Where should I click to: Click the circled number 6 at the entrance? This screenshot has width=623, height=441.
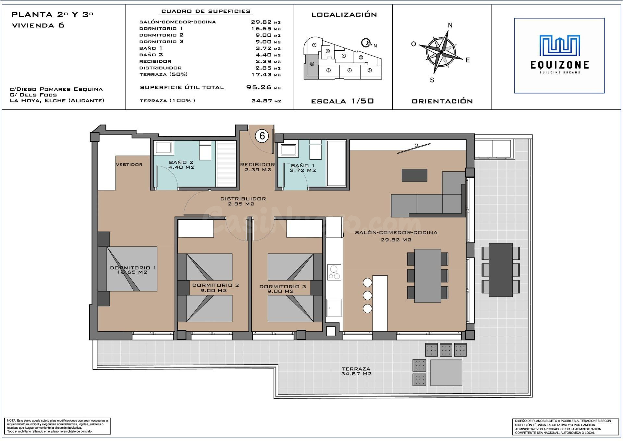(x=262, y=136)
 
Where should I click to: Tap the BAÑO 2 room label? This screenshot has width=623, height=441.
(x=181, y=165)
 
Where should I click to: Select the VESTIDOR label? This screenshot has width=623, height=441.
(x=129, y=164)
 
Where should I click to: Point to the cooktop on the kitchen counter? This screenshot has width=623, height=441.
(x=334, y=272)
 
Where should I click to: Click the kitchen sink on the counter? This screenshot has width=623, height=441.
(x=334, y=307)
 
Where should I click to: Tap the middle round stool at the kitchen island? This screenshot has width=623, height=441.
(x=367, y=295)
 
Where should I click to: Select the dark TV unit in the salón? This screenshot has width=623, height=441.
(x=414, y=175)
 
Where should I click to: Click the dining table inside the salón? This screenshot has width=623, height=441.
(x=428, y=276)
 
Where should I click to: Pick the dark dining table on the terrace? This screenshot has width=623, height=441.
(x=501, y=270)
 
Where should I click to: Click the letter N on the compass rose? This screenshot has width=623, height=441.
(x=450, y=25)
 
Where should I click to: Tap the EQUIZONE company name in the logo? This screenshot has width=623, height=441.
(x=559, y=65)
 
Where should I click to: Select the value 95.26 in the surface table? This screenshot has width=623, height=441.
(x=259, y=87)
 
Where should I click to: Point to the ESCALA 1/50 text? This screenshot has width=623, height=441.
(x=342, y=101)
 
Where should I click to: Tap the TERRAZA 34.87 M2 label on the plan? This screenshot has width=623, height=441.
(x=356, y=371)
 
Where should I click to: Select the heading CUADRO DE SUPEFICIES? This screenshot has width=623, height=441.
(x=206, y=11)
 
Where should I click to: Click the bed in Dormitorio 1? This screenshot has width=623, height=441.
(x=132, y=269)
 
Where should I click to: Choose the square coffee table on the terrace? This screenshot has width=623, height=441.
(x=446, y=373)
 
